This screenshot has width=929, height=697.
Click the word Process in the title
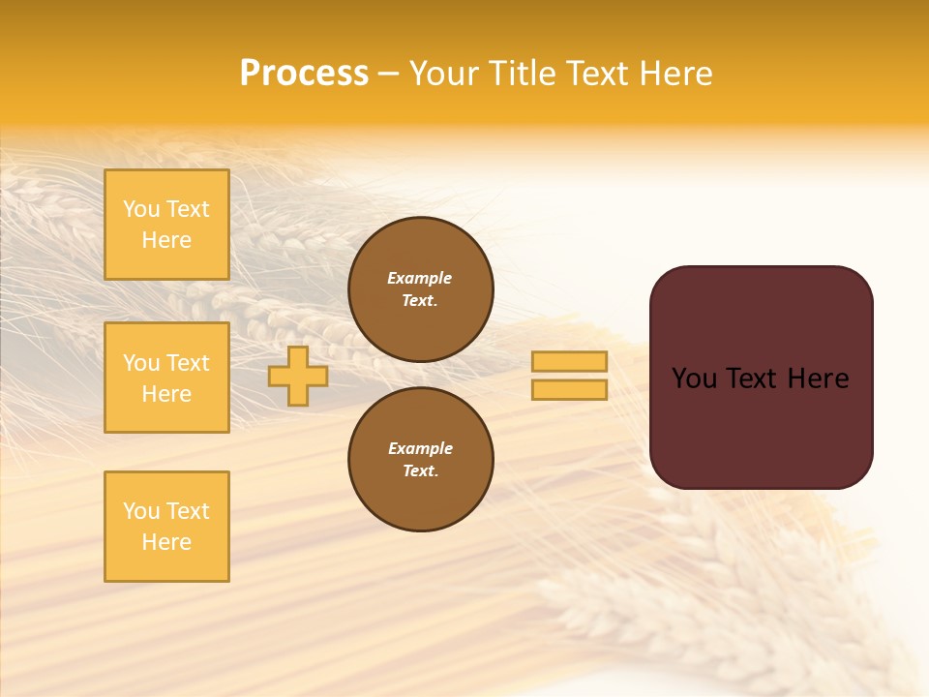(304, 74)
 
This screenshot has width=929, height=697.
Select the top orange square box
(166, 225)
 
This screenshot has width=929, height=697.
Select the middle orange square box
(166, 378)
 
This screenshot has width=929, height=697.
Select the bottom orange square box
(166, 527)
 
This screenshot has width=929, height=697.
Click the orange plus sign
(298, 377)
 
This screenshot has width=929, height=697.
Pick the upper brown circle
(421, 289)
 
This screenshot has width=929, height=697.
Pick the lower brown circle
(421, 460)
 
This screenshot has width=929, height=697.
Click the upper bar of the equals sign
(569, 361)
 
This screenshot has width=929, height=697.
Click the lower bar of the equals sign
(569, 389)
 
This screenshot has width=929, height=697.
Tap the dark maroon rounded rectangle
(761, 426)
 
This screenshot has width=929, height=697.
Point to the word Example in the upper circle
(419, 278)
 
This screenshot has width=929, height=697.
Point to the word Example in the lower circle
(420, 448)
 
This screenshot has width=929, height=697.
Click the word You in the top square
(141, 209)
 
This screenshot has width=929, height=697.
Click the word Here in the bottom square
(166, 542)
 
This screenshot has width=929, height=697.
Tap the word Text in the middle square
(187, 363)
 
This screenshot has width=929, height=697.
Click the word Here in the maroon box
(818, 379)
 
